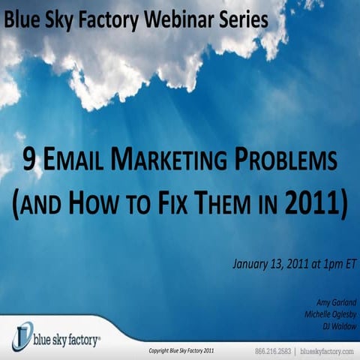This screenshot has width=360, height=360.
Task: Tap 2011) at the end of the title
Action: (x=319, y=205)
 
